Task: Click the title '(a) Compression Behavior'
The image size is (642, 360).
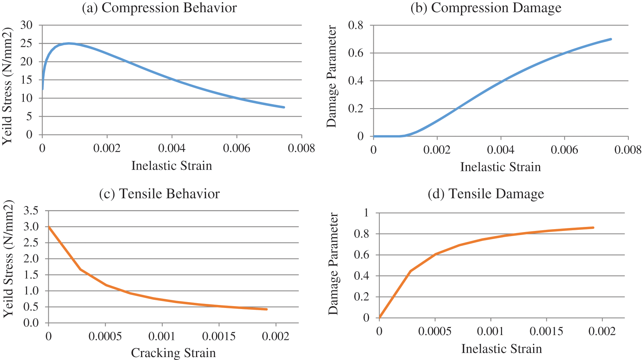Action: click(159, 8)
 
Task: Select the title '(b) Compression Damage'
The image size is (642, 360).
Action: click(486, 8)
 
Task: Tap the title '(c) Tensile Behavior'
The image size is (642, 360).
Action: click(159, 194)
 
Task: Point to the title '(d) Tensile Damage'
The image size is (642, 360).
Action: click(486, 194)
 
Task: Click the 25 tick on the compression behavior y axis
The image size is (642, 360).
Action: click(26, 43)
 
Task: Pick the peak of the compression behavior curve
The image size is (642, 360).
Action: click(69, 43)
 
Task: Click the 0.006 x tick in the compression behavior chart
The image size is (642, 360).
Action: click(237, 148)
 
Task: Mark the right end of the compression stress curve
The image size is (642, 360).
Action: click(284, 107)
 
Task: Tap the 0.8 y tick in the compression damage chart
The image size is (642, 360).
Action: click(355, 25)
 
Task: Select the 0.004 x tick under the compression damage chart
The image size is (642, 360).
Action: click(501, 150)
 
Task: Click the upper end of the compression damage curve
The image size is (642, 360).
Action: click(611, 39)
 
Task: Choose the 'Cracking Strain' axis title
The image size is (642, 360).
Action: click(173, 353)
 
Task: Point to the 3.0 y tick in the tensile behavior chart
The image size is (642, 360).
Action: click(31, 227)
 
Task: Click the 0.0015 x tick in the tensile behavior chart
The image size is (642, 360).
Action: click(219, 337)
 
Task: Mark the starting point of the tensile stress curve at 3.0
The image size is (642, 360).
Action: click(49, 227)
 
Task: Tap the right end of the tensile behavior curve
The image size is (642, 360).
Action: click(267, 309)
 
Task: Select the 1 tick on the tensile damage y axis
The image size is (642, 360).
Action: click(366, 213)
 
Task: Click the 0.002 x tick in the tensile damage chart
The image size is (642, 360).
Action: click(602, 331)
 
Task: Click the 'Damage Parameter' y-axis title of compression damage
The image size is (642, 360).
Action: click(332, 76)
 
